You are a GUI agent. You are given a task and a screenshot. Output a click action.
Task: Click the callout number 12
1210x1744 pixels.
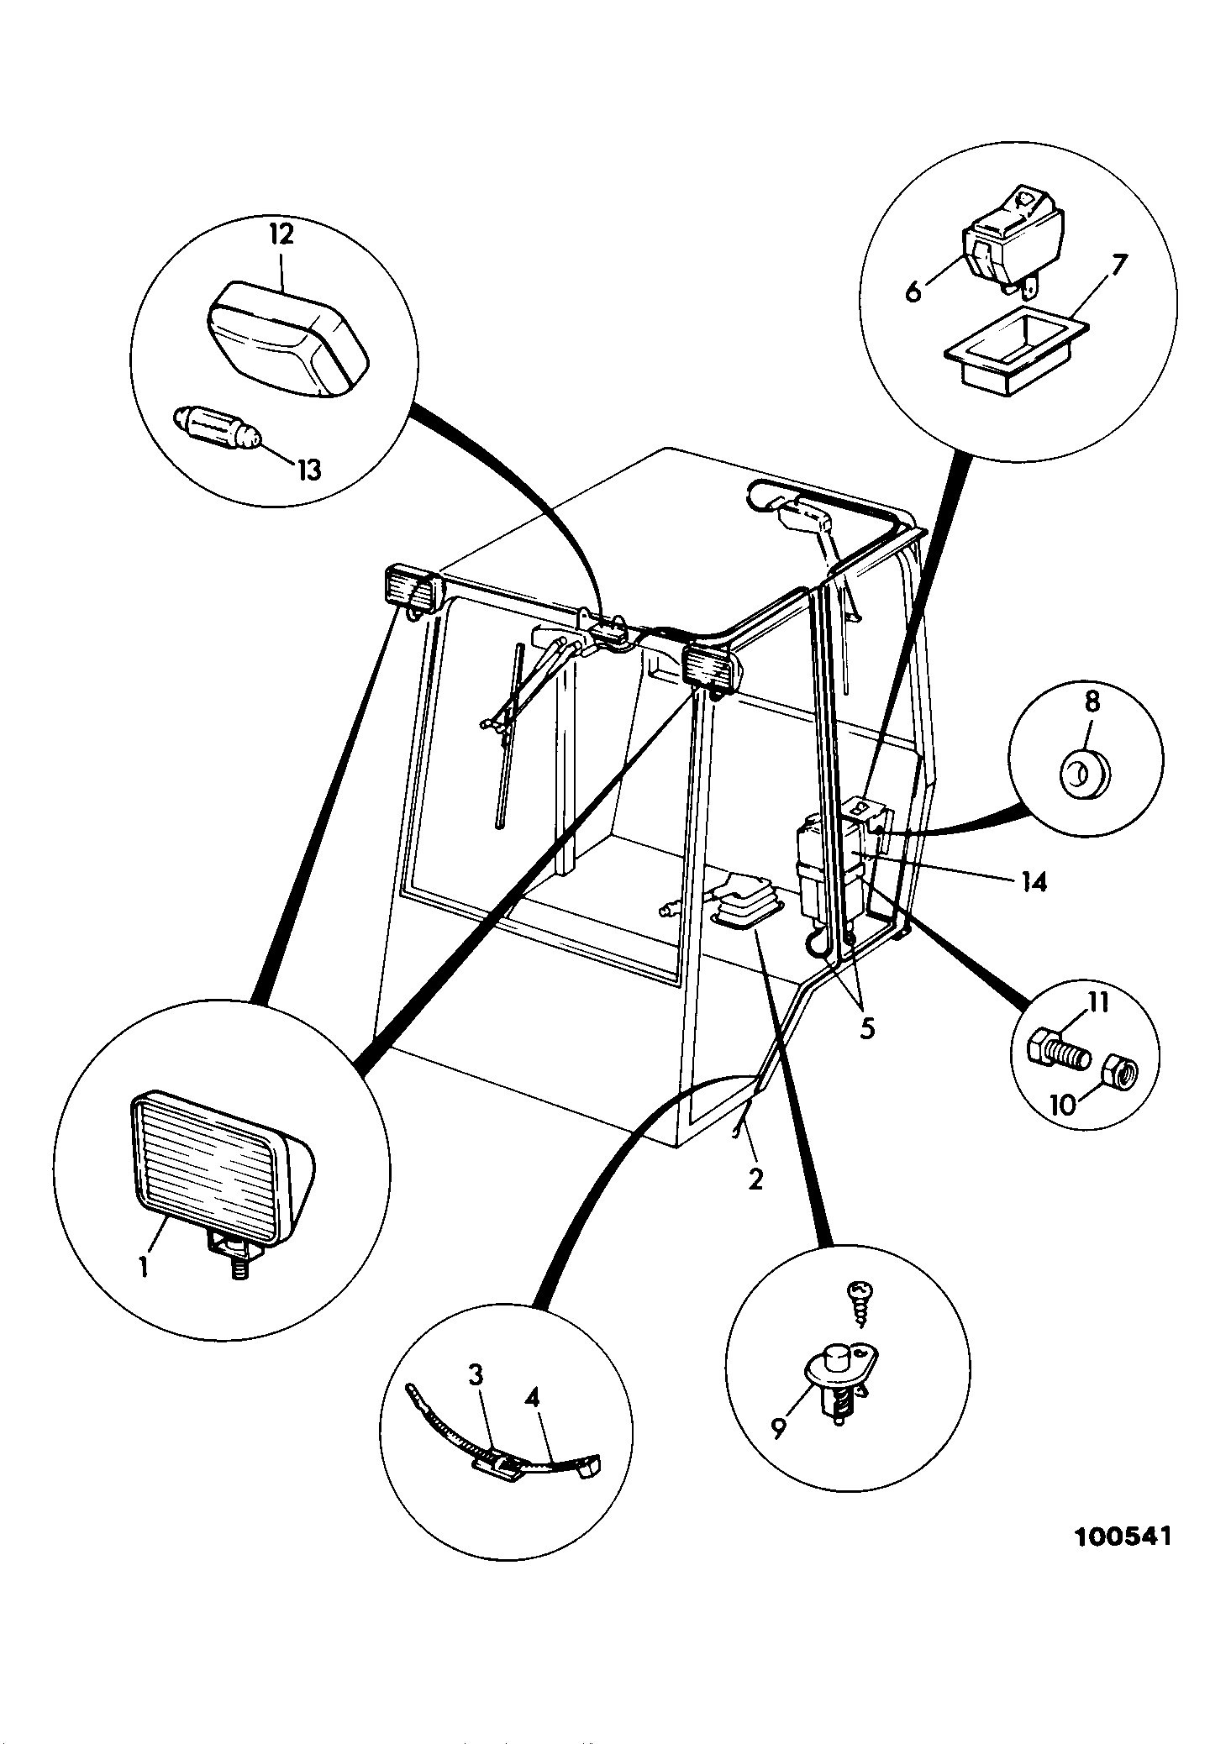(281, 234)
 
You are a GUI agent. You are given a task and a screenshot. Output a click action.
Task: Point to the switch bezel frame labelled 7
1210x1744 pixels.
(1016, 352)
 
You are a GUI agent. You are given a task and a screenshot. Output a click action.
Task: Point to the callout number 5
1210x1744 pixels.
(867, 1028)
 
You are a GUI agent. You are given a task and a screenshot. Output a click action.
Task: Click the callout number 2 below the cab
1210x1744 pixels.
(755, 1179)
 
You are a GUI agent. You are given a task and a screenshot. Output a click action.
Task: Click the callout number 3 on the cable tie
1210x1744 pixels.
(476, 1375)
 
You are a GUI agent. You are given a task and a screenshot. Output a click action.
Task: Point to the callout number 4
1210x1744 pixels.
(532, 1396)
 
